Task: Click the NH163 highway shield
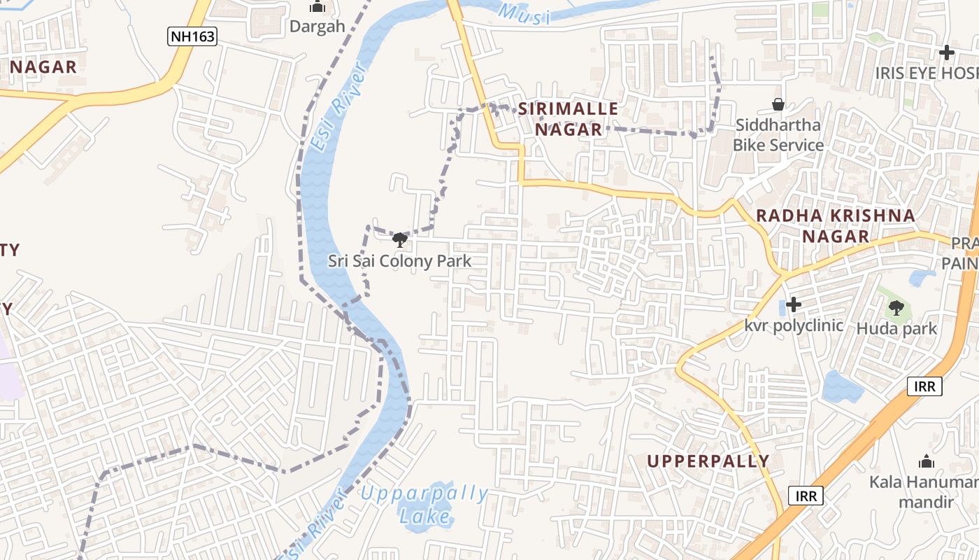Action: pos(192,36)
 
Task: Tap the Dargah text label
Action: pos(317,27)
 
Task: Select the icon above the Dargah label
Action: pos(317,7)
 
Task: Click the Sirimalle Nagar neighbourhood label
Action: pos(568,119)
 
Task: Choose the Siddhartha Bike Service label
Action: pos(778,135)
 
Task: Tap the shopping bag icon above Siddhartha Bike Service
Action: pos(778,105)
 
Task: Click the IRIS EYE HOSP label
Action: pos(926,73)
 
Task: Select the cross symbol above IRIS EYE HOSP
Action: pos(946,52)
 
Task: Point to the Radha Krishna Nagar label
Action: pos(836,225)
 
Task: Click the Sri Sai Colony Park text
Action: pos(400,261)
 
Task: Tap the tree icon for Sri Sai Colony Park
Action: pos(400,241)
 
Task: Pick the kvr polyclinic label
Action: pos(794,325)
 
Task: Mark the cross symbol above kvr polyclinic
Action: pos(794,304)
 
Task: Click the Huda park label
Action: pos(896,328)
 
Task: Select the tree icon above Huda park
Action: pos(896,307)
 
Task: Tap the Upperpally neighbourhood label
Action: pos(708,461)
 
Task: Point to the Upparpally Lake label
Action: pos(424,505)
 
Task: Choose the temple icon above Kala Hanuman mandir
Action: pos(927,461)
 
